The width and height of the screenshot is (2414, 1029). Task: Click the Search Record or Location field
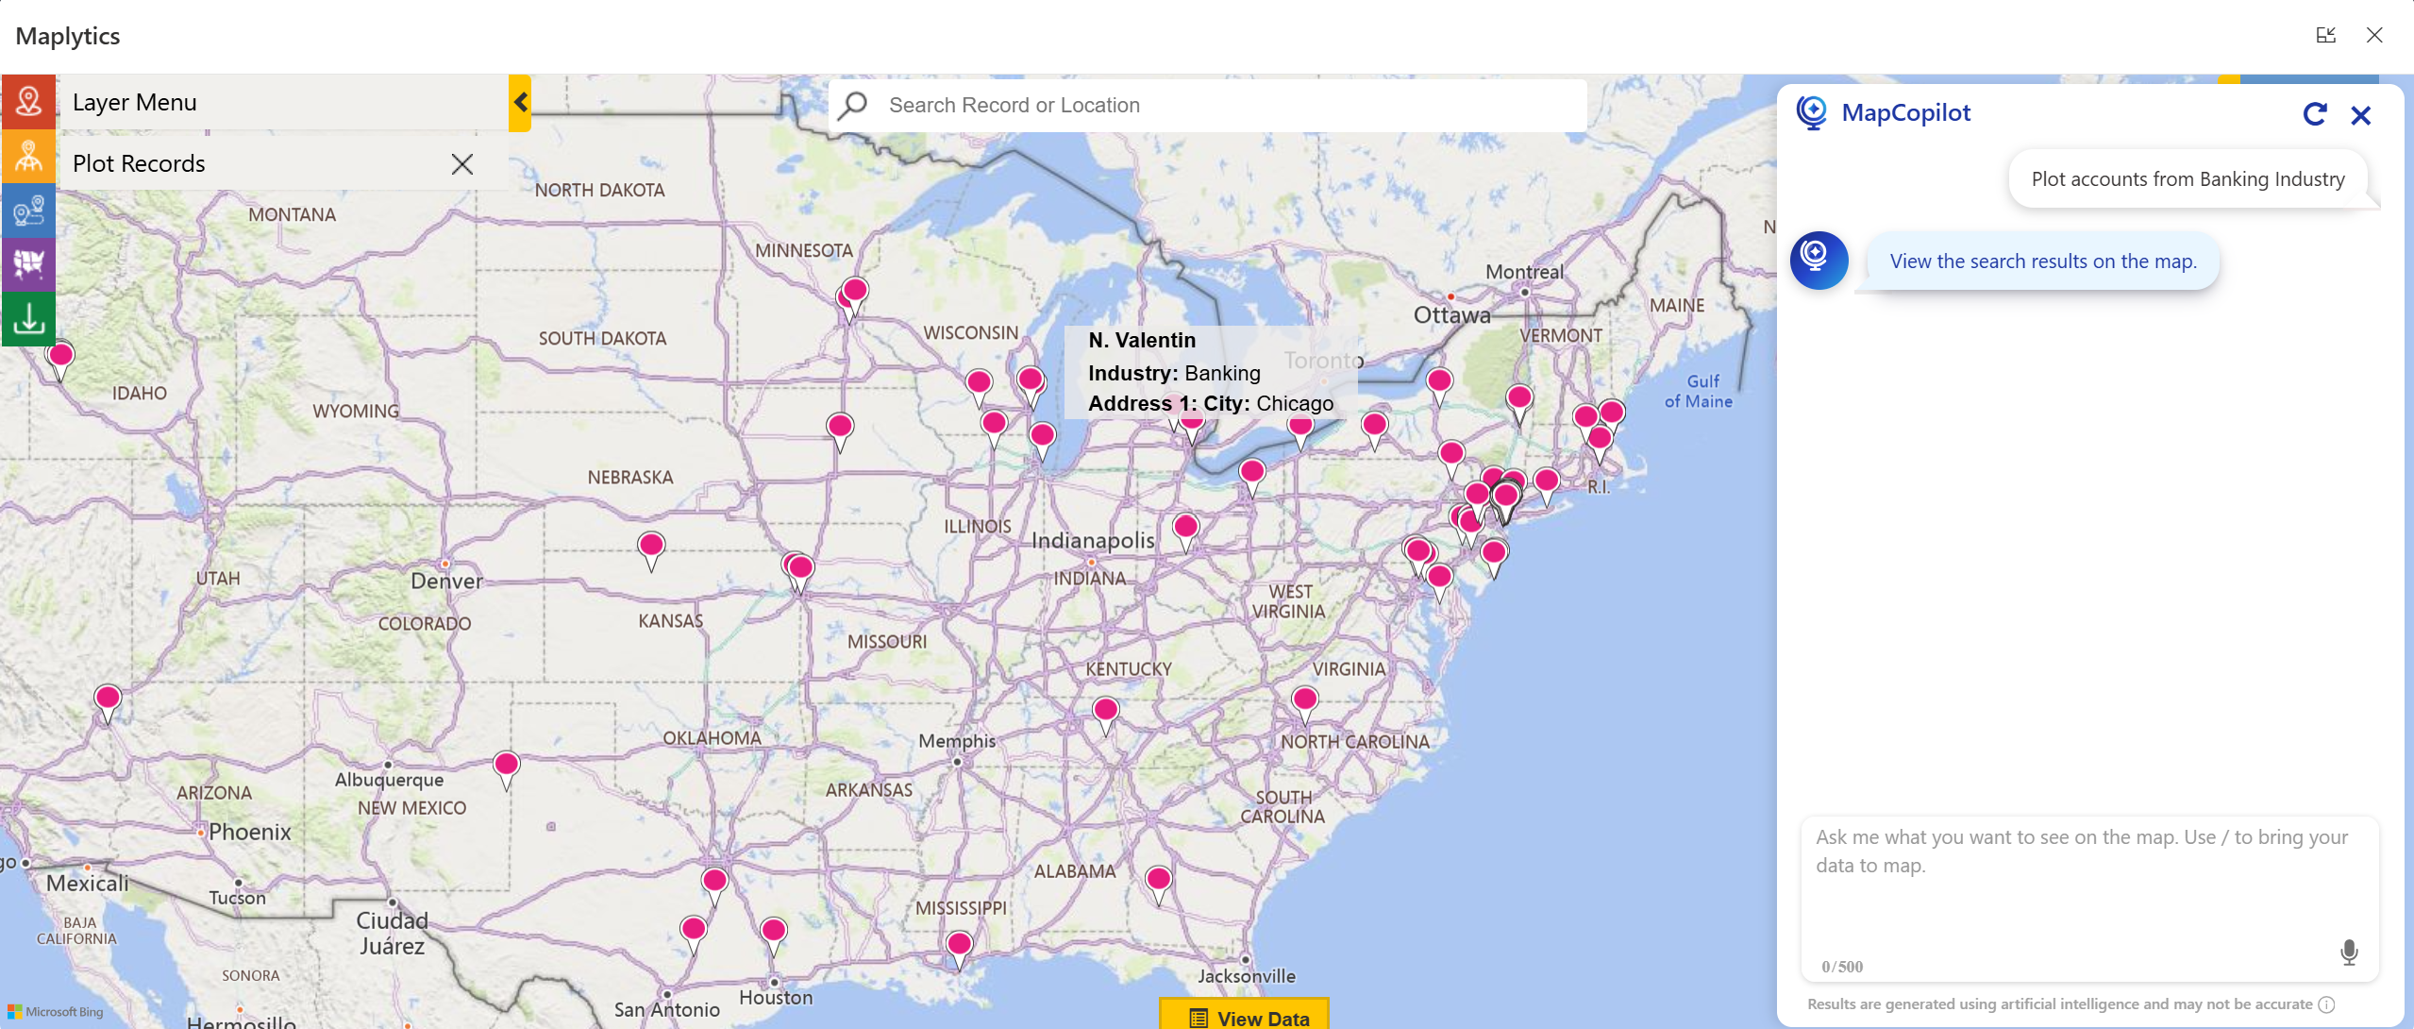pyautogui.click(x=1208, y=106)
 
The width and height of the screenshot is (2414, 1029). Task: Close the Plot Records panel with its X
pyautogui.click(x=461, y=164)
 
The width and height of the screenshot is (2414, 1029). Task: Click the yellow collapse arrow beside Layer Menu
pyautogui.click(x=520, y=103)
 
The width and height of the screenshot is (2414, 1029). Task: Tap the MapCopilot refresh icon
pyautogui.click(x=2314, y=115)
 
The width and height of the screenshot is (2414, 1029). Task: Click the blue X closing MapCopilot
pyautogui.click(x=2361, y=115)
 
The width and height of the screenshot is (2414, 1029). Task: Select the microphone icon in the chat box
pyautogui.click(x=2349, y=953)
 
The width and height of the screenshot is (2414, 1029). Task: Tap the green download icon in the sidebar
pyautogui.click(x=28, y=319)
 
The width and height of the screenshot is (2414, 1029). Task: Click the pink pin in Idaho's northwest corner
pyautogui.click(x=61, y=356)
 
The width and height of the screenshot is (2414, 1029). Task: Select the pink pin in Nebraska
pyautogui.click(x=651, y=546)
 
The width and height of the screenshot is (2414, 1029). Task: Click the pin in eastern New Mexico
pyautogui.click(x=507, y=764)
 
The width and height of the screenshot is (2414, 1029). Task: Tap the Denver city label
pyautogui.click(x=446, y=581)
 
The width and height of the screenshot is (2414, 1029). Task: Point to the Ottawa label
pyautogui.click(x=1451, y=315)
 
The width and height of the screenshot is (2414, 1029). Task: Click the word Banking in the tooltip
pyautogui.click(x=1222, y=373)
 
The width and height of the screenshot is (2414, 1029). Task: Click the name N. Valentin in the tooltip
pyautogui.click(x=1141, y=340)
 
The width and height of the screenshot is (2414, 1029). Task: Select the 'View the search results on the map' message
pyautogui.click(x=2042, y=261)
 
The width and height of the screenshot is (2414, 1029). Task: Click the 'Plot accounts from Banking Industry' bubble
pyautogui.click(x=2187, y=179)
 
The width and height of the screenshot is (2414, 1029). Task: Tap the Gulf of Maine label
pyautogui.click(x=1699, y=391)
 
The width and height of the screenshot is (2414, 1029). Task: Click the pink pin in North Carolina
pyautogui.click(x=1305, y=700)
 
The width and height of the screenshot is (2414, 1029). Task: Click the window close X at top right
pyautogui.click(x=2374, y=36)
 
